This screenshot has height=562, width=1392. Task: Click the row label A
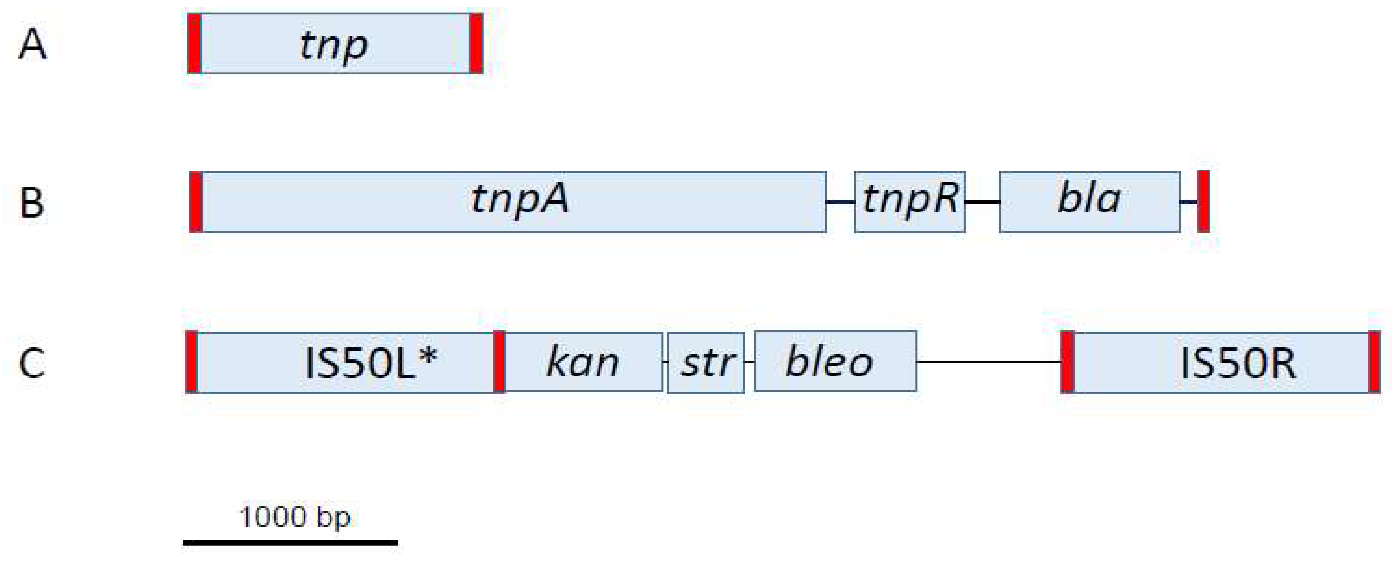tap(32, 45)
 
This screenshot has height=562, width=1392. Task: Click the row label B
tap(32, 203)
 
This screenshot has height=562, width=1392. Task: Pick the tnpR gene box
tap(910, 202)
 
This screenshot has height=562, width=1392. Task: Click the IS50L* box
tap(346, 362)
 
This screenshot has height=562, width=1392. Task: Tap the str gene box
tap(706, 362)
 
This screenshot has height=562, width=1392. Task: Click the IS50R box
tap(1221, 362)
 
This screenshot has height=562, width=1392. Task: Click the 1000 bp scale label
tap(295, 517)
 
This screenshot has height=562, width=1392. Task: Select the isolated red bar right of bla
tap(1203, 202)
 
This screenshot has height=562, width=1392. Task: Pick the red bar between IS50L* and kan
tap(499, 362)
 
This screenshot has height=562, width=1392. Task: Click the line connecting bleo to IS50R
tap(989, 362)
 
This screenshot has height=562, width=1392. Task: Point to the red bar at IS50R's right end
tap(1374, 362)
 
